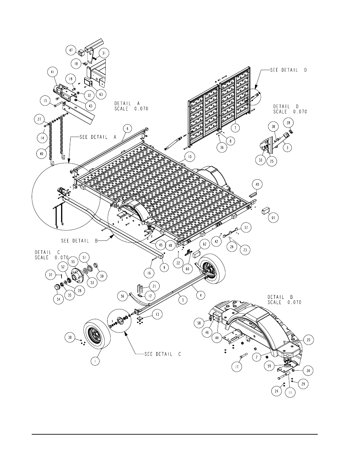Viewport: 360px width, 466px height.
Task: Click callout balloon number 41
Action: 52,72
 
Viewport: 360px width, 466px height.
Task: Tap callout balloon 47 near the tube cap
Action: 71,51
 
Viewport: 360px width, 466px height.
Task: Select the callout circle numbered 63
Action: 101,94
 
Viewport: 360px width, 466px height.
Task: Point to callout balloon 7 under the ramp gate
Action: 235,128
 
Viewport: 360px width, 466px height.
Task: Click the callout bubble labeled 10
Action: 189,157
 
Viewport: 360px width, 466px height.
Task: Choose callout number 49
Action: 257,185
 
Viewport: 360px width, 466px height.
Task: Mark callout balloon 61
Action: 273,218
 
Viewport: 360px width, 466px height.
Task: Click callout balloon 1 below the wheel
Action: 95,362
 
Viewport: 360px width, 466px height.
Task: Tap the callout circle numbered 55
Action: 73,261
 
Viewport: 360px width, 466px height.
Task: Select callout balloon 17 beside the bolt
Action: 237,367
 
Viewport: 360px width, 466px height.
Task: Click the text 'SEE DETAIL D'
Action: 288,70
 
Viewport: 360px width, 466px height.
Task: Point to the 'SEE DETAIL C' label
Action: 163,354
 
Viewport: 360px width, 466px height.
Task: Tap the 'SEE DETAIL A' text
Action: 98,137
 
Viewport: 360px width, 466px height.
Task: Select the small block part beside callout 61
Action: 265,211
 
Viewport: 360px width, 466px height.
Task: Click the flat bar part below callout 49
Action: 252,195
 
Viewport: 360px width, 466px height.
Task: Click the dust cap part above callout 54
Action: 58,287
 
